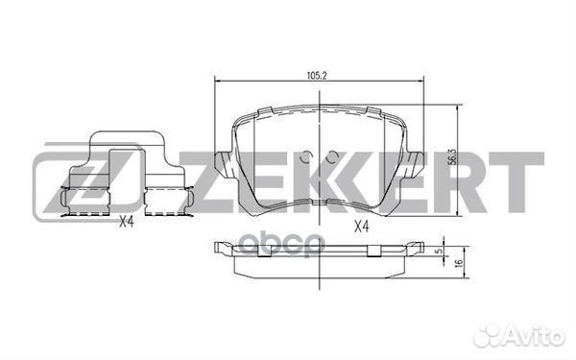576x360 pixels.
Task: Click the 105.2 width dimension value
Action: [317, 76]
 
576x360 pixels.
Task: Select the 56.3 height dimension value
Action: [453, 156]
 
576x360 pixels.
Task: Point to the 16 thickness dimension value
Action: [458, 263]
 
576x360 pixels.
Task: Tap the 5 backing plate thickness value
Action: [438, 251]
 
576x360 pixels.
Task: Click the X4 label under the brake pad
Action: [361, 227]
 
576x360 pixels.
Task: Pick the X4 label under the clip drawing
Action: [127, 222]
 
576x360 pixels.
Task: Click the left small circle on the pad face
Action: [305, 157]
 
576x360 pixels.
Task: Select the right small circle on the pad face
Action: [332, 157]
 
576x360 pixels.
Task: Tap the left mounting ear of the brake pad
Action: [224, 164]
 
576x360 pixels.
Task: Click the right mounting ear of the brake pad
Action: [415, 164]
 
